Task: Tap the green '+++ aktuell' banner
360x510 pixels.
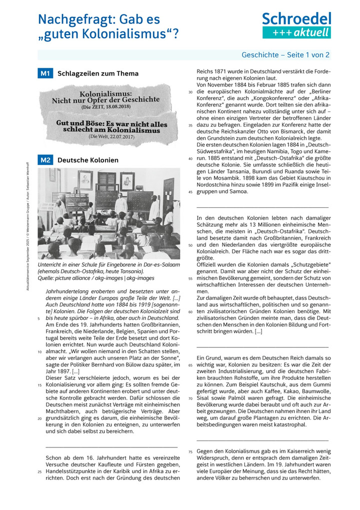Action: (296, 33)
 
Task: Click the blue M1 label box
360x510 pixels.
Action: (45, 74)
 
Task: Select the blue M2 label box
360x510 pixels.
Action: (45, 160)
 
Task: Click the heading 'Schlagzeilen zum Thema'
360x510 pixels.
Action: (98, 74)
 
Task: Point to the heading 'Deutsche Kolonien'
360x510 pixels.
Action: (88, 160)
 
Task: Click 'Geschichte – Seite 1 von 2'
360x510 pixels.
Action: (285, 55)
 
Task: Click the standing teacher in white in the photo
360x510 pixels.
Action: (120, 203)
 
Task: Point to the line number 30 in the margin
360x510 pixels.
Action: (190, 93)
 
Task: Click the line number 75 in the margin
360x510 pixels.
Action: (190, 452)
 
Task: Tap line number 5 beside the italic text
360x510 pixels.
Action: (39, 318)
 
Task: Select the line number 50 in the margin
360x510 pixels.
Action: (190, 245)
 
